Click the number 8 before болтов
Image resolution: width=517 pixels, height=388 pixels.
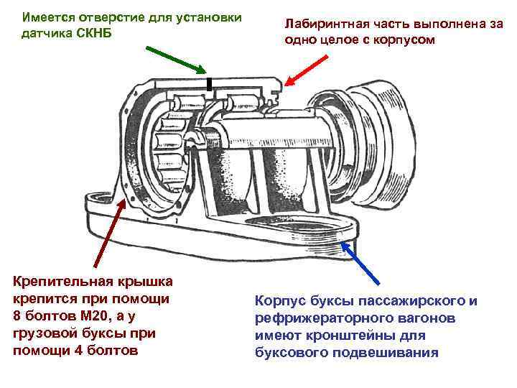pyautogui.click(x=17, y=316)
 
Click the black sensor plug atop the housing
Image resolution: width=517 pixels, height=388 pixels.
pyautogui.click(x=209, y=85)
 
